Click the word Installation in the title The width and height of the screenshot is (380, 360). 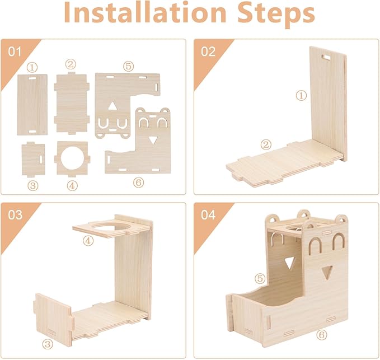[x=145, y=13]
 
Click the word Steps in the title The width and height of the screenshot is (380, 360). [x=276, y=15]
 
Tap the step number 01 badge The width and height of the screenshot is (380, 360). [x=15, y=52]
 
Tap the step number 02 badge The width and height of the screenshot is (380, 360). [x=208, y=52]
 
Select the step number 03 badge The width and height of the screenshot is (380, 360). [x=15, y=215]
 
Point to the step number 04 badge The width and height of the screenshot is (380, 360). [x=208, y=215]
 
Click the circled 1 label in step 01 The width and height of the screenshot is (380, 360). [x=32, y=67]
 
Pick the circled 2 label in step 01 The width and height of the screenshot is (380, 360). [x=71, y=64]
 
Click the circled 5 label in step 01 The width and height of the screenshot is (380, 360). [x=128, y=66]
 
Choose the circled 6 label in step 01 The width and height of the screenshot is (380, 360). [x=138, y=183]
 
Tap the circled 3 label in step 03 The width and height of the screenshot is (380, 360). [x=48, y=344]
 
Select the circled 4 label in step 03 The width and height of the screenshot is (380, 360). [x=88, y=241]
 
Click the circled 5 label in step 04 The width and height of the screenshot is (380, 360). [x=260, y=278]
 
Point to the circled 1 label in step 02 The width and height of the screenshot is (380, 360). [x=301, y=95]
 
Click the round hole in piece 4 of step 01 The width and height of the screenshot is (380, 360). [x=72, y=158]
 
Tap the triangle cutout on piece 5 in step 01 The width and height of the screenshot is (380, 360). [x=112, y=106]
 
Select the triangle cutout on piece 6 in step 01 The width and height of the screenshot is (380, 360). [x=153, y=141]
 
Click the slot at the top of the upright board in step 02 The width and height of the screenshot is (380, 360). [x=327, y=57]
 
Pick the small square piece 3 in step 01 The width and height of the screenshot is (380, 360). [x=33, y=158]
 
